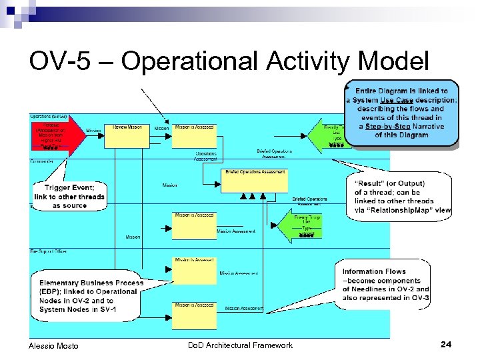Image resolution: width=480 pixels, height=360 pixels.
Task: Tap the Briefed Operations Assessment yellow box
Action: pyautogui.click(x=254, y=181)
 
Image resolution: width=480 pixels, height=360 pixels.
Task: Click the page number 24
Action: pyautogui.click(x=446, y=344)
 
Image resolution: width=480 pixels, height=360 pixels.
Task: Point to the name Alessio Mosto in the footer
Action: pyautogui.click(x=53, y=345)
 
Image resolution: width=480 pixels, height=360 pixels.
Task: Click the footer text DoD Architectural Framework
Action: pyautogui.click(x=240, y=345)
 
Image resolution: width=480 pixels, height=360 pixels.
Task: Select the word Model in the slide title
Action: pyautogui.click(x=393, y=62)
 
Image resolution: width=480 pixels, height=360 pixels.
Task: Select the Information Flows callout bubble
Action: pyautogui.click(x=385, y=285)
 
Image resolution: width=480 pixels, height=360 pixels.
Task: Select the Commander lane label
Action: pyautogui.click(x=43, y=161)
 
